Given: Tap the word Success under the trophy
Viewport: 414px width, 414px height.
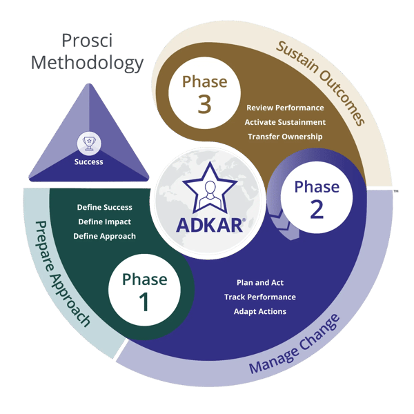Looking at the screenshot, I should (x=88, y=162).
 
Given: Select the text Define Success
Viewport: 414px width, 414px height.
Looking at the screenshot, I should (x=104, y=207).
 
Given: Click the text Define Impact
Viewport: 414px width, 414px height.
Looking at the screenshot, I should (x=104, y=221).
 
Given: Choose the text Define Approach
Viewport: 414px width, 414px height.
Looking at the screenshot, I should (x=104, y=236).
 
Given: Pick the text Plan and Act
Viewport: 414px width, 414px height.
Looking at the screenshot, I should (x=260, y=283).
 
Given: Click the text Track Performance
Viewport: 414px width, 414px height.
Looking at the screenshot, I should (x=260, y=297).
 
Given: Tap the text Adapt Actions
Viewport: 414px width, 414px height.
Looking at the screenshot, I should (x=260, y=311).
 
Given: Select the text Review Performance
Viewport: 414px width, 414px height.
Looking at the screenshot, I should (x=285, y=108).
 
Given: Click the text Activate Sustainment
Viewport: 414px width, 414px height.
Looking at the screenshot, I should (x=285, y=122).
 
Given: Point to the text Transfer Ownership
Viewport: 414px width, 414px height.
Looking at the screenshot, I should (x=285, y=137).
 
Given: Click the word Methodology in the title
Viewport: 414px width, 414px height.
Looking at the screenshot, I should (x=87, y=63).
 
